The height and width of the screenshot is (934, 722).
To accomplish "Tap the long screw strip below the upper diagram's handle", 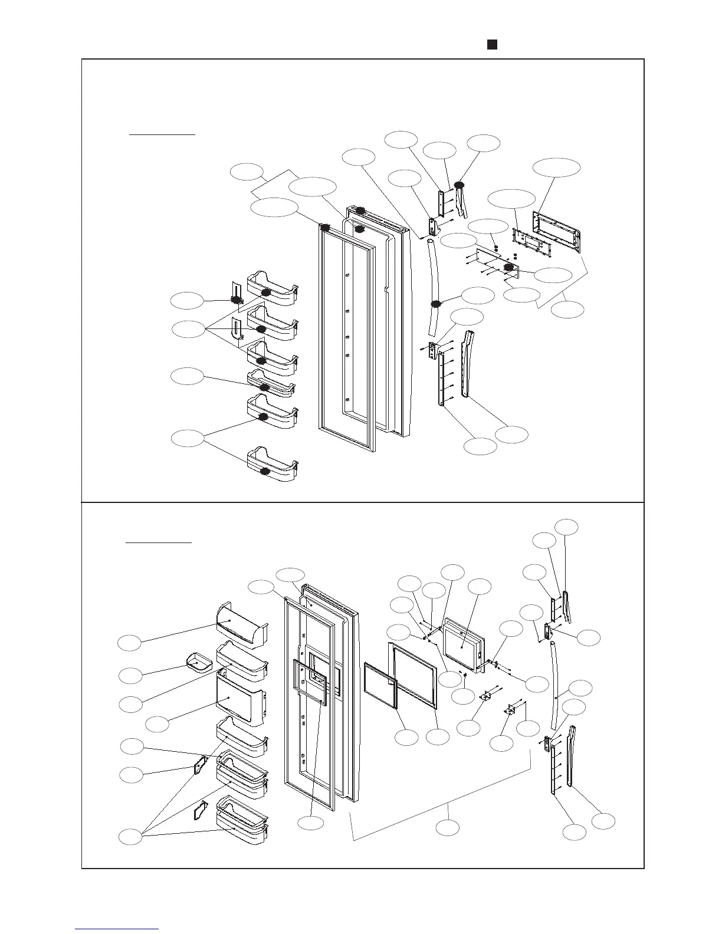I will pos(441,377).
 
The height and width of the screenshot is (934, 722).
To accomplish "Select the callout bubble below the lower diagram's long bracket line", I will pos(448,827).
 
